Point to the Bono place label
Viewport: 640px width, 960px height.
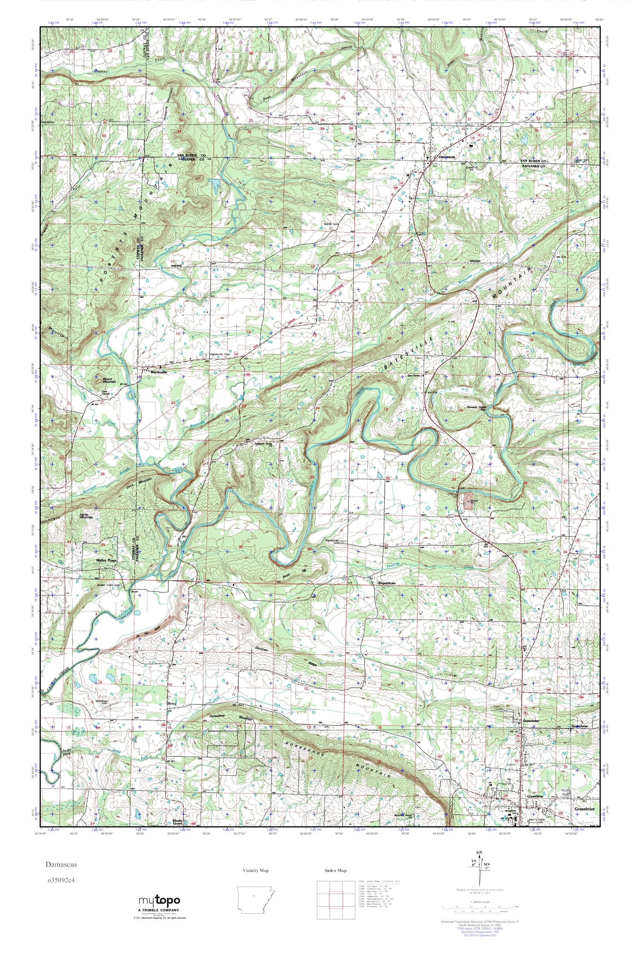172,715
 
